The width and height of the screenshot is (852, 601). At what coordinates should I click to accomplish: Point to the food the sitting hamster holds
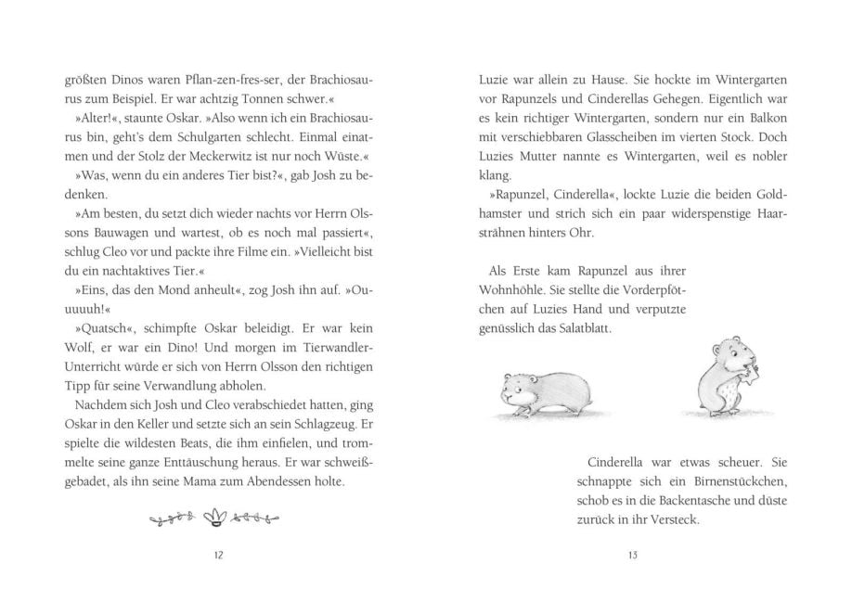748,375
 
